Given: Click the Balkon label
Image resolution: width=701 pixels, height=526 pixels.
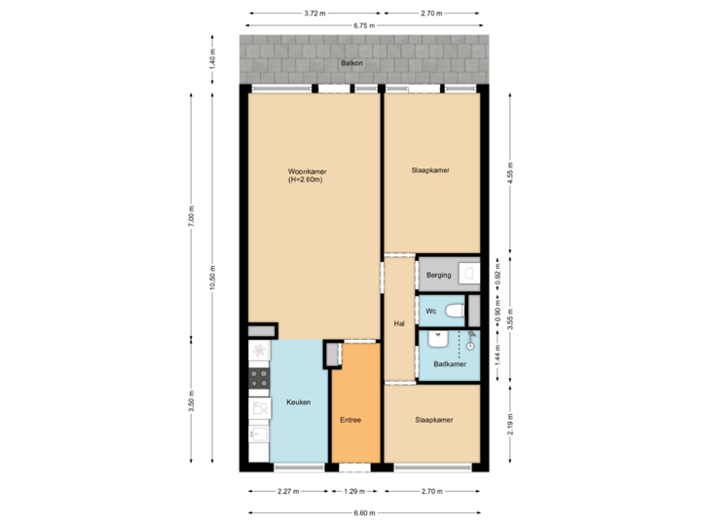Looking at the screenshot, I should click(x=351, y=62).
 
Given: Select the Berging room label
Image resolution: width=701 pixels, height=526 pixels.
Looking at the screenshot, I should click(x=438, y=276).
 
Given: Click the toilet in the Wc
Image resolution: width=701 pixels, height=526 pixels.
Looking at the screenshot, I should click(x=454, y=312).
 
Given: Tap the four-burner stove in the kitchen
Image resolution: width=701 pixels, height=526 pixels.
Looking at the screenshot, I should click(x=259, y=375).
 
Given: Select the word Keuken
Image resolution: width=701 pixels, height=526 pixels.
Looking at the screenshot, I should click(x=299, y=402).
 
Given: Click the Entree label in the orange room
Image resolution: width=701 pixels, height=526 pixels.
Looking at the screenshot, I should click(x=350, y=420).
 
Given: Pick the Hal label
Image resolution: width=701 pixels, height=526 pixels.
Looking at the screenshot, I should click(x=399, y=323).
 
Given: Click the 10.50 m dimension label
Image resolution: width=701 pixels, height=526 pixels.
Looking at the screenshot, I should click(x=213, y=278).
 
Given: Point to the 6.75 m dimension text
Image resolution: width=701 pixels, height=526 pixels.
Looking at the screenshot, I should click(x=365, y=25).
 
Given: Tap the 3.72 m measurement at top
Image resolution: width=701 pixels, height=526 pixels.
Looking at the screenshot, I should click(x=314, y=14).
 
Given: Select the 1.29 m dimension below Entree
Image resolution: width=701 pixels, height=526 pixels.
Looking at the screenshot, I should click(x=355, y=491).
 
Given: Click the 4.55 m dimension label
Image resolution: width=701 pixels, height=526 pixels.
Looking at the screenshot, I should click(x=510, y=172).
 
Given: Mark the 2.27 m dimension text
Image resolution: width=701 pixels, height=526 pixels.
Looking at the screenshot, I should click(x=287, y=491).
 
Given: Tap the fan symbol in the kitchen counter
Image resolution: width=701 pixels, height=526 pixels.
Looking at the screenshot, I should click(x=258, y=351).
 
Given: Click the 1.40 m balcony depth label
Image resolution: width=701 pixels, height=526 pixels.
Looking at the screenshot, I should click(x=213, y=61).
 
